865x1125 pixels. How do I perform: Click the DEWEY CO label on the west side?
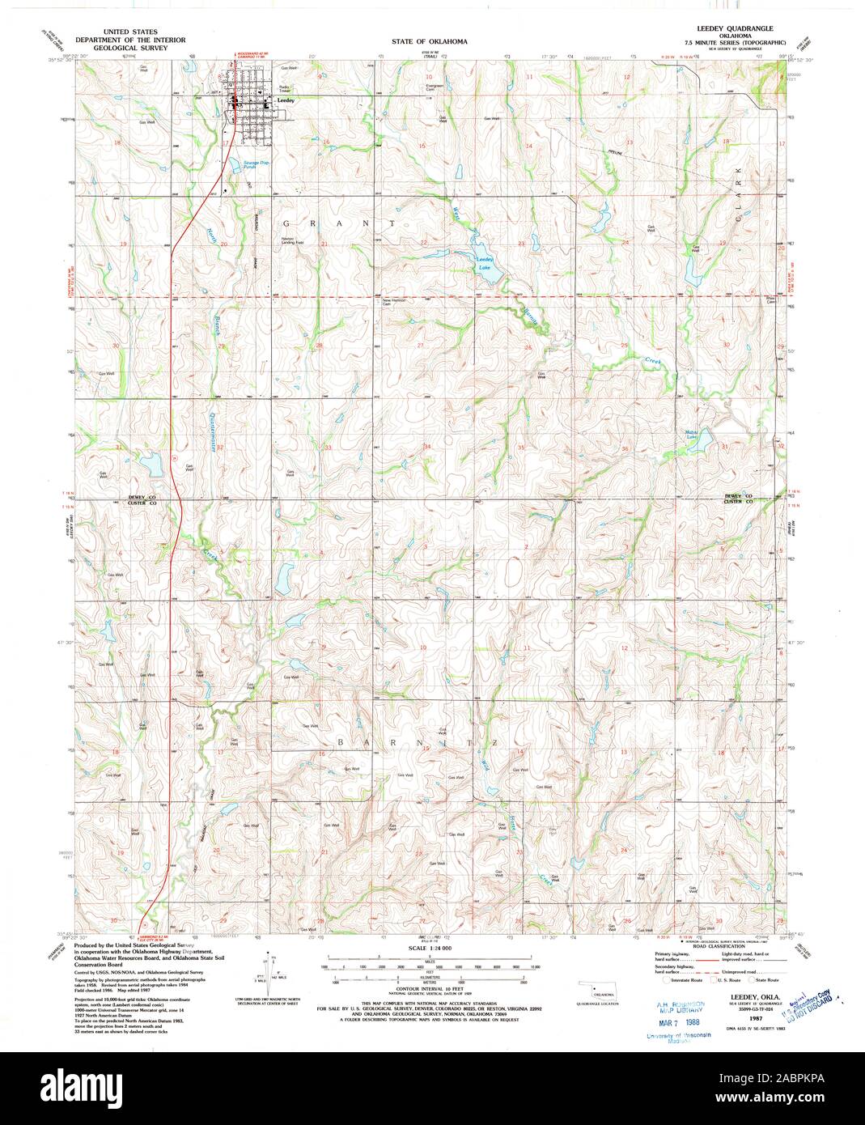[x=140, y=496]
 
